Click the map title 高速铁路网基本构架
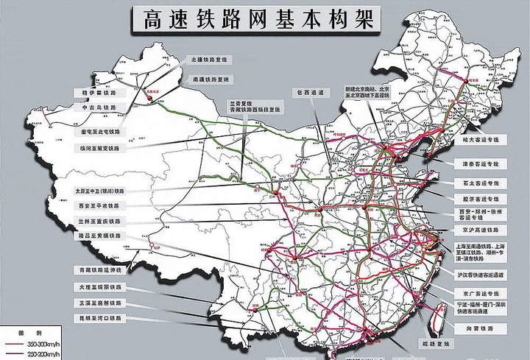pyautogui.click(x=255, y=20)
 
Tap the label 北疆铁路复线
pyautogui.click(x=211, y=59)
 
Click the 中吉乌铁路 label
pyautogui.click(x=99, y=107)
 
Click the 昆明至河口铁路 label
pyautogui.click(x=99, y=318)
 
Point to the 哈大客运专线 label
pyautogui.click(x=478, y=138)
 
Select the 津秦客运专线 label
pyautogui.click(x=478, y=163)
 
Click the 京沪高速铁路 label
pyautogui.click(x=478, y=230)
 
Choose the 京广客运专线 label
pyautogui.click(x=478, y=292)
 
